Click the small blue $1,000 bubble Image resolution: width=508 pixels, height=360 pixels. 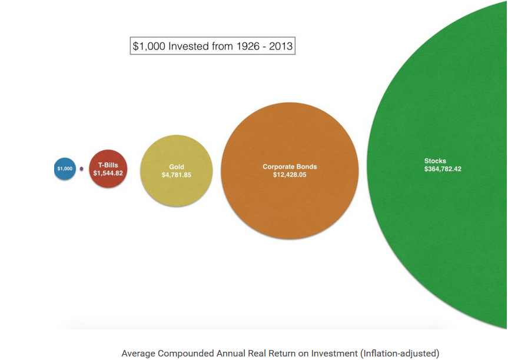(65, 169)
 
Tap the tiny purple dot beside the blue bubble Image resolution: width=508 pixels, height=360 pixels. (82, 169)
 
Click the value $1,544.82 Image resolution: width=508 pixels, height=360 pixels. (108, 174)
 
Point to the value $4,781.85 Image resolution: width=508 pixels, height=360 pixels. (177, 175)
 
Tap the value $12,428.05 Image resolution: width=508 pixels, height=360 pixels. (290, 175)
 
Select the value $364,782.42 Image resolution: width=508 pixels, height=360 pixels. (443, 169)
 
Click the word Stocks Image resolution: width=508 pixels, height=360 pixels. (435, 161)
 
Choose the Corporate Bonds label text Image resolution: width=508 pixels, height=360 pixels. (290, 167)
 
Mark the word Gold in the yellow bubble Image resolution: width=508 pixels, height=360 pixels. (177, 167)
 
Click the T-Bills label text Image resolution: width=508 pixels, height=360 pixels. (108, 165)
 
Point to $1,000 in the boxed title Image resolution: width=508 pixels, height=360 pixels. (149, 46)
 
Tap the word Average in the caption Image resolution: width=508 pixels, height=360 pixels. (138, 354)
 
